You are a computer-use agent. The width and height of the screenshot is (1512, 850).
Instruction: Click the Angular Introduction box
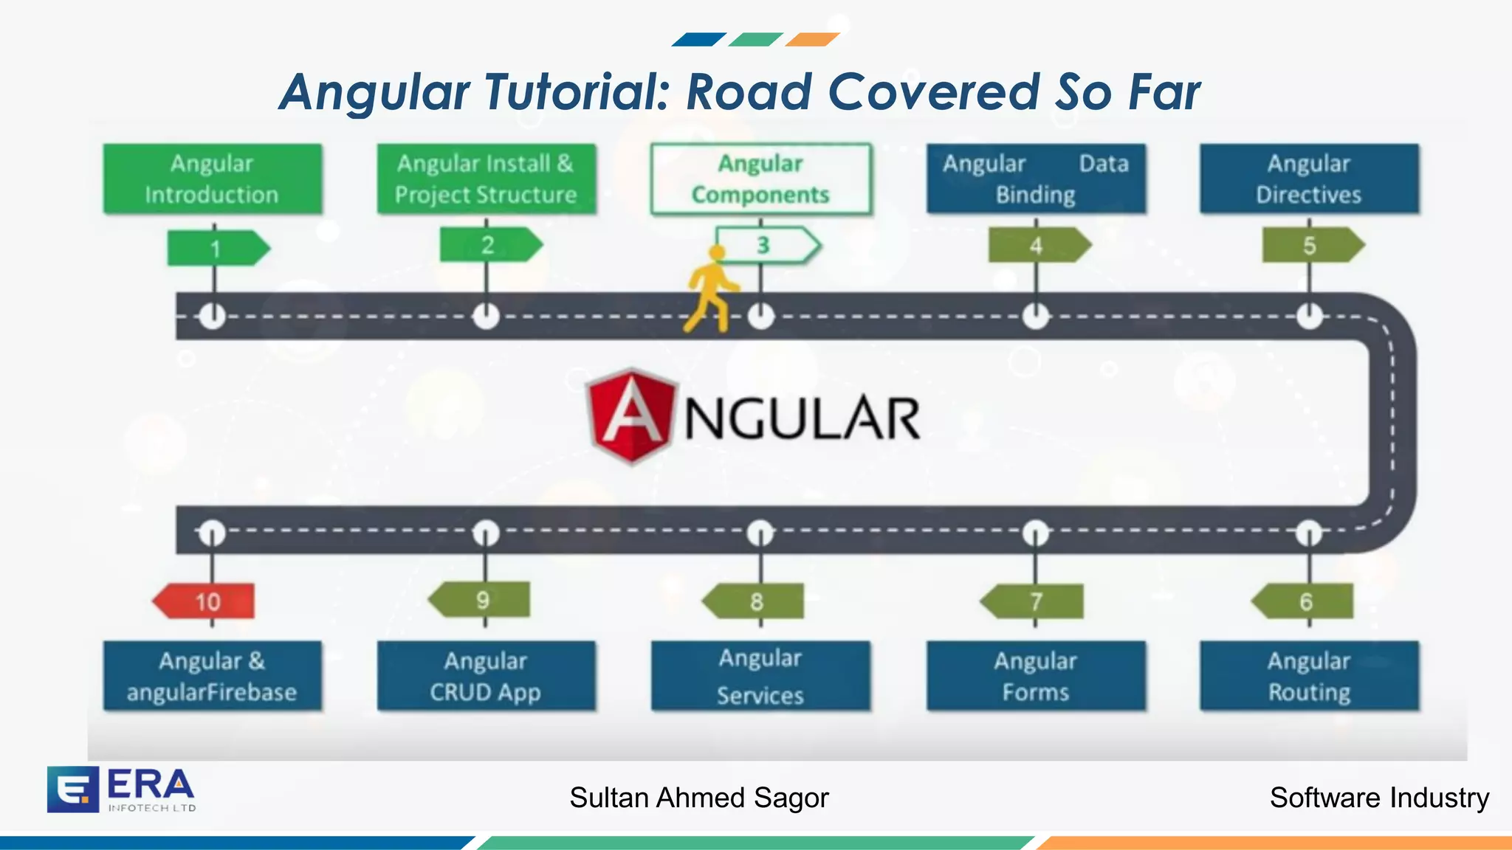(212, 179)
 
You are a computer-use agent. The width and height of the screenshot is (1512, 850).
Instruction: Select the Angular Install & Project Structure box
(486, 179)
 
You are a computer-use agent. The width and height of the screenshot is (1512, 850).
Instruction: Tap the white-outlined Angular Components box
(760, 179)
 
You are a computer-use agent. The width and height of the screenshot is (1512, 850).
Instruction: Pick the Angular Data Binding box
(1036, 179)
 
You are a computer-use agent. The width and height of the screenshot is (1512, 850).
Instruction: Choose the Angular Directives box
(1309, 179)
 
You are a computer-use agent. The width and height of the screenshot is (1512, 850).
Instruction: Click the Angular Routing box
(1309, 676)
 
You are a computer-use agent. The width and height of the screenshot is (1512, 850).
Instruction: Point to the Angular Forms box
(1036, 676)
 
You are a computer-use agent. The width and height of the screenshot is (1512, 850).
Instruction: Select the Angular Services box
(760, 676)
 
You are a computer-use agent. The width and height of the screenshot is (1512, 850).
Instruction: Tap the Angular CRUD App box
(486, 676)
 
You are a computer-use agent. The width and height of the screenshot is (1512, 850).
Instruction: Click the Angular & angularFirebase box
(212, 676)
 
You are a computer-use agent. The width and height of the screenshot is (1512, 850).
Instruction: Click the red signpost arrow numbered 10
(205, 601)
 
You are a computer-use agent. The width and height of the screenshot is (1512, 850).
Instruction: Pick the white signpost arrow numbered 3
(767, 245)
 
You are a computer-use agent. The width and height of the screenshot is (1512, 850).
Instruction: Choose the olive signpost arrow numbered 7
(1033, 601)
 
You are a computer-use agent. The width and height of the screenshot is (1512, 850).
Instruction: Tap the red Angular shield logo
(631, 416)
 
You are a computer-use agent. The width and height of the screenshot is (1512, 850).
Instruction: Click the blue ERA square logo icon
(72, 789)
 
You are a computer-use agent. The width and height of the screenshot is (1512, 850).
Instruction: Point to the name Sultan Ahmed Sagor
(699, 798)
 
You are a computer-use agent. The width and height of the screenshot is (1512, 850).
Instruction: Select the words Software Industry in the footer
(1379, 798)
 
